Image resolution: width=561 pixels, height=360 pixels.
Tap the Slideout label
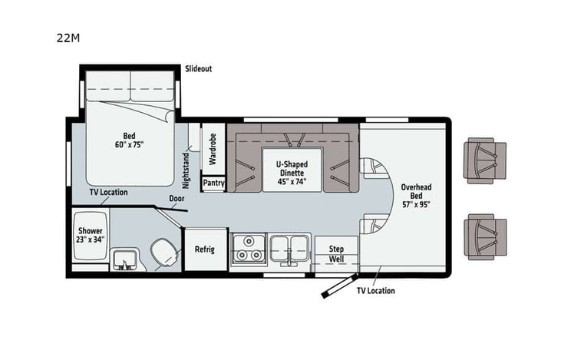pyautogui.click(x=198, y=68)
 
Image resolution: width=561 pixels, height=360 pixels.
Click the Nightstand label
pyautogui.click(x=186, y=170)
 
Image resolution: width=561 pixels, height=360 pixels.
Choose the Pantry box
pyautogui.click(x=213, y=183)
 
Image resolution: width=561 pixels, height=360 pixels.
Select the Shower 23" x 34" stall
pyautogui.click(x=90, y=235)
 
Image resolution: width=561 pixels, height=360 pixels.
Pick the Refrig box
pyautogui.click(x=205, y=250)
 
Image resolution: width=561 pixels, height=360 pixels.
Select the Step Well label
pyautogui.click(x=336, y=254)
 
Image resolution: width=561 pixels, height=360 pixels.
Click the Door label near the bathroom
pyautogui.click(x=177, y=197)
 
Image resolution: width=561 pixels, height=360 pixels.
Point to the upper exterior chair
pyautogui.click(x=485, y=161)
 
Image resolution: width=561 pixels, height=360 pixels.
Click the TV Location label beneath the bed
pyautogui.click(x=108, y=192)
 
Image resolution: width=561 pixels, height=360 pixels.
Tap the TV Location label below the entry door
pyautogui.click(x=375, y=290)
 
